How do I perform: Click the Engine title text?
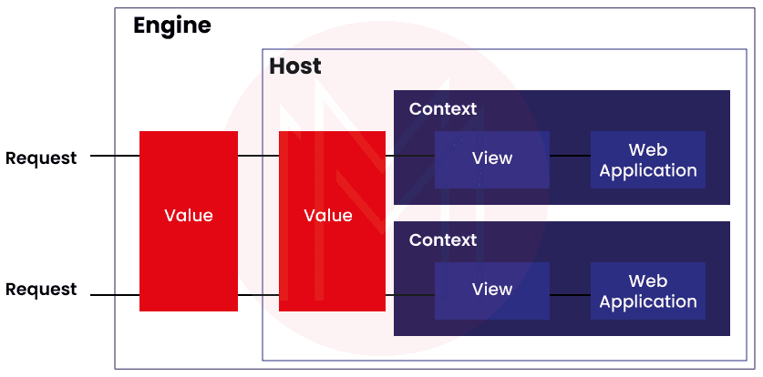172,25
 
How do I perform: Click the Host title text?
295,66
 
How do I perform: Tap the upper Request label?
41,158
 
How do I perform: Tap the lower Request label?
41,290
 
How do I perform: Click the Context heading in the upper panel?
443,109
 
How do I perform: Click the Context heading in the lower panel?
443,240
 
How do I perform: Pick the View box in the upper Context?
492,159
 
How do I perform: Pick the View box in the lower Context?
492,290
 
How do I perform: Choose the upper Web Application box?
648,159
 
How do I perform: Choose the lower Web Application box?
648,290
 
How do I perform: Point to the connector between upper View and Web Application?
570,156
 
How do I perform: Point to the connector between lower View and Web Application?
570,295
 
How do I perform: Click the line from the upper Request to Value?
114,156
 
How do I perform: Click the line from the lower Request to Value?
114,295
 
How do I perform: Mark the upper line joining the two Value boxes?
258,156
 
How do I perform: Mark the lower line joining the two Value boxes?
258,295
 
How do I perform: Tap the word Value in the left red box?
188,216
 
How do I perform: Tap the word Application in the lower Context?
648,301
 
